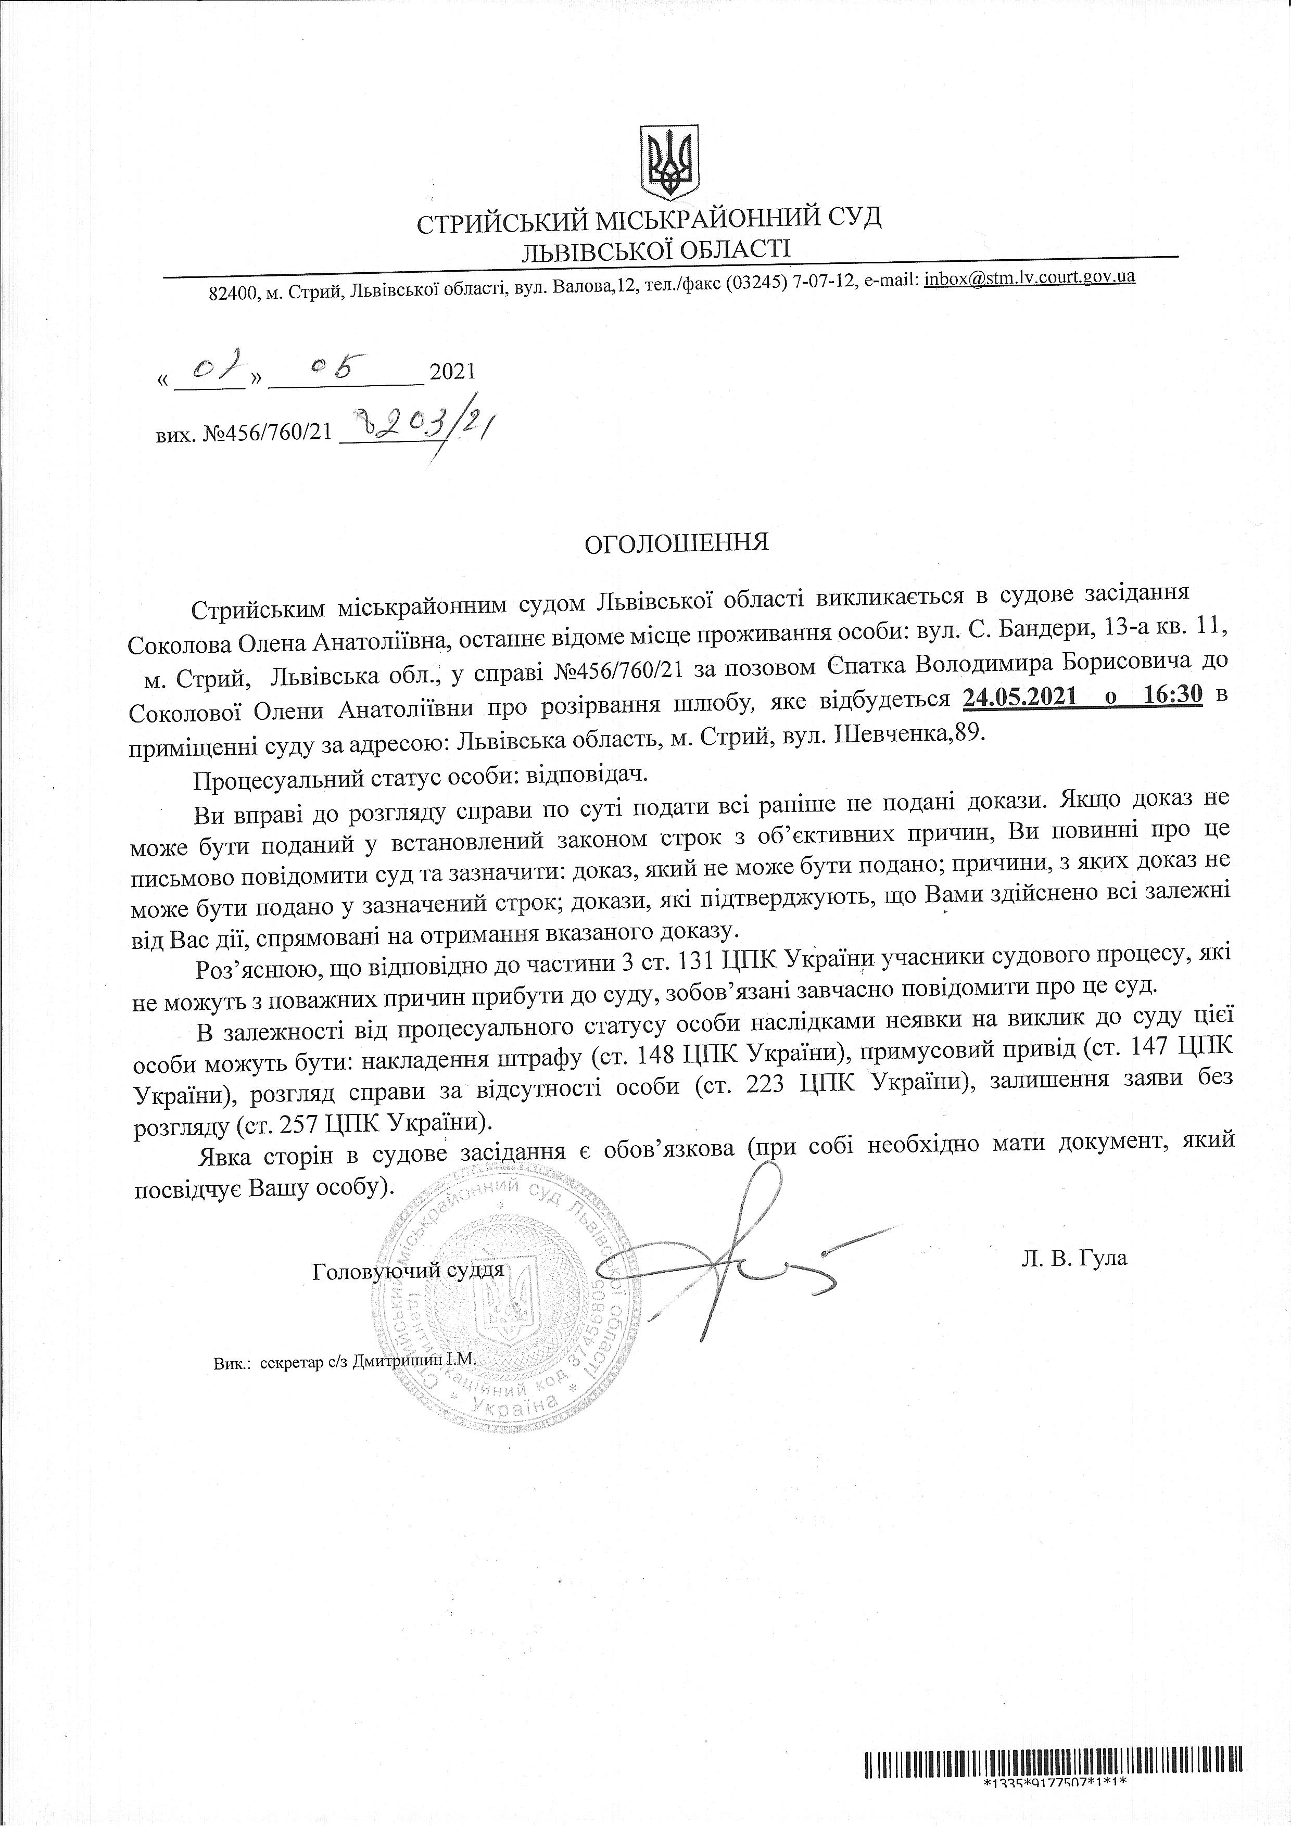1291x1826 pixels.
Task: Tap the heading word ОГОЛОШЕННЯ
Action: (676, 543)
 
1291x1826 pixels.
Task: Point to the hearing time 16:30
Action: (1173, 696)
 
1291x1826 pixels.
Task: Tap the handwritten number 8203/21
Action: (422, 431)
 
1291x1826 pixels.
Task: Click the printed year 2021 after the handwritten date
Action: (452, 372)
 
